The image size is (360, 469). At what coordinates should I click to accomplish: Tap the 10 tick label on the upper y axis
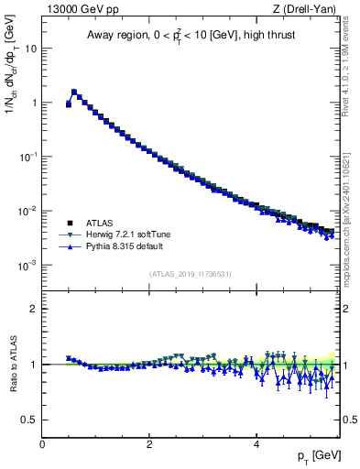(29, 48)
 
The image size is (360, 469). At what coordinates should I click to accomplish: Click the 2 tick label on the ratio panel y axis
(34, 309)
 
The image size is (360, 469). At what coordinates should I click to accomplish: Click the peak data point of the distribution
(74, 92)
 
